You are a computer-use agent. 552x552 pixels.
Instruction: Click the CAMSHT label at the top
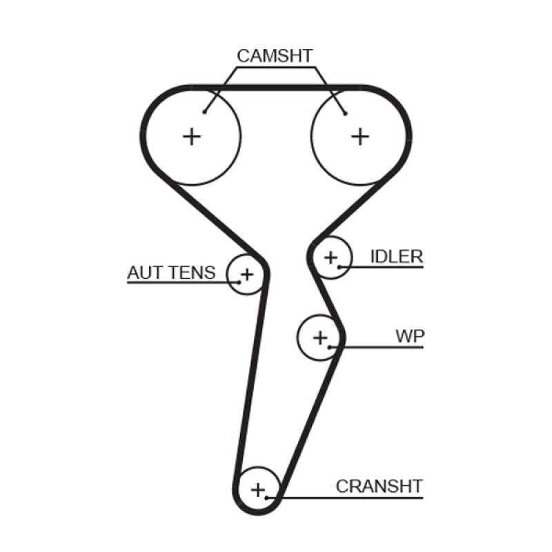(x=275, y=55)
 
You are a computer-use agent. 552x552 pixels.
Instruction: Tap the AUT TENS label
(x=170, y=273)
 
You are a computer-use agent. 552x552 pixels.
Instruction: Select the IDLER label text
(x=396, y=257)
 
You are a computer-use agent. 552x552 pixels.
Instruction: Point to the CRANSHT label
(x=379, y=486)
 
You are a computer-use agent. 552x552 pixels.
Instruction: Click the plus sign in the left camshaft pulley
(x=191, y=136)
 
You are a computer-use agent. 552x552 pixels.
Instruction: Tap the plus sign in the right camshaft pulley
(x=359, y=136)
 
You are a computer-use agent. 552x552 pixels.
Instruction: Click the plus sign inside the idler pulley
(x=331, y=258)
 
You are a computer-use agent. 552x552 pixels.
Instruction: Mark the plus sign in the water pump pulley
(x=319, y=337)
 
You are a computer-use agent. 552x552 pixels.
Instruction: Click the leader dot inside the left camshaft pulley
(x=205, y=112)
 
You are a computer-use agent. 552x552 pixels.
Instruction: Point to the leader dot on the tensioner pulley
(x=238, y=282)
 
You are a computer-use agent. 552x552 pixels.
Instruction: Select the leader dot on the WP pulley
(x=331, y=346)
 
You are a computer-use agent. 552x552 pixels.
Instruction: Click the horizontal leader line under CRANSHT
(x=345, y=497)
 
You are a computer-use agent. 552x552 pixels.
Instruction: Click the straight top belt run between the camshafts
(x=276, y=88)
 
